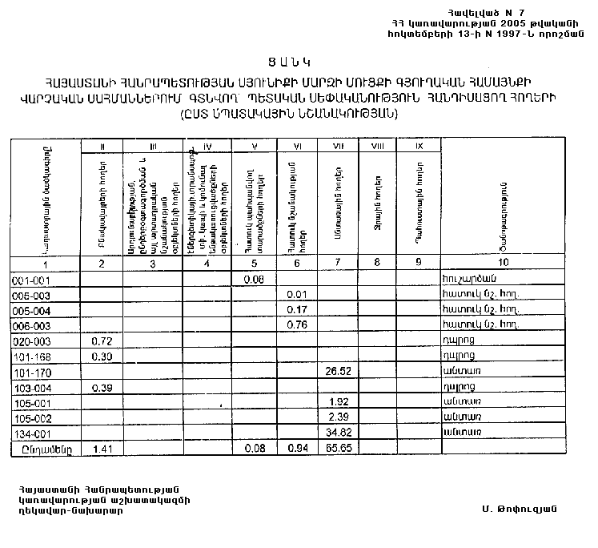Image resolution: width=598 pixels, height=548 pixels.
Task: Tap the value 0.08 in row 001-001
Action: click(x=255, y=279)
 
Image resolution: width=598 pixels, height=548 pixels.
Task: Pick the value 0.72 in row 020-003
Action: click(x=100, y=341)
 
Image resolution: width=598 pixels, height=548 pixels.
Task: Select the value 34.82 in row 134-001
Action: click(x=339, y=432)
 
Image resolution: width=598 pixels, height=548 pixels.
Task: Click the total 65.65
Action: click(x=339, y=449)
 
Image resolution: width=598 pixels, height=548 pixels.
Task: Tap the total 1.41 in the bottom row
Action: click(x=100, y=449)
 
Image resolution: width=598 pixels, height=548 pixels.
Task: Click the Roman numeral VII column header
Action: click(x=339, y=146)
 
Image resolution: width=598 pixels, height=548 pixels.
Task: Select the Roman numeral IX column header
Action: click(x=419, y=146)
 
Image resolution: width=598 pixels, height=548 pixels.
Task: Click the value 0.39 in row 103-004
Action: click(x=100, y=387)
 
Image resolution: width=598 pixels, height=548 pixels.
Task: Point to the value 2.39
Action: click(x=339, y=417)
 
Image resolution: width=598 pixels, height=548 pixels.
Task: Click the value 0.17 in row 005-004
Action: click(x=298, y=309)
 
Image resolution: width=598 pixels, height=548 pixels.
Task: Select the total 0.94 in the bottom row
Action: click(x=298, y=449)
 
